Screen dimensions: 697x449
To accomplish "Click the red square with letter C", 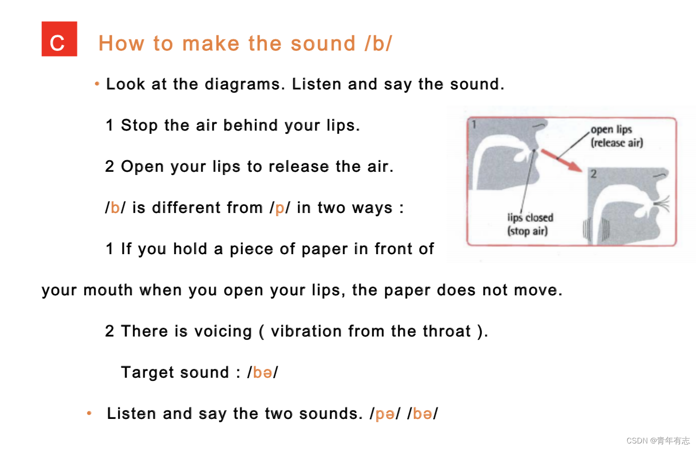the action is (59, 39).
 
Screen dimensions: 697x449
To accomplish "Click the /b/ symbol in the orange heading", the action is (379, 43).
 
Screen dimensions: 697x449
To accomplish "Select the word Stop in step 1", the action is (139, 126).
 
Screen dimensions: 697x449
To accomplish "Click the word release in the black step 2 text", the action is (298, 167).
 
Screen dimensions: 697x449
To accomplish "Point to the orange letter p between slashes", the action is (280, 208).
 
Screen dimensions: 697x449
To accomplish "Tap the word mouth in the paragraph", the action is (108, 291).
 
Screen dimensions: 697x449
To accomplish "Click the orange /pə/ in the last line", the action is (385, 413).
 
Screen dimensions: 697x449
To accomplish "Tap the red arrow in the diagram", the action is (561, 160).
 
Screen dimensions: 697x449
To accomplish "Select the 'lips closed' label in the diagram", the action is (530, 218).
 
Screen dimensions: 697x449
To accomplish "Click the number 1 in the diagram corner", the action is (474, 125).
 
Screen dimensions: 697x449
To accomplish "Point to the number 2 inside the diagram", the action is (594, 174).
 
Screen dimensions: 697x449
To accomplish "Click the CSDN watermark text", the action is (658, 441).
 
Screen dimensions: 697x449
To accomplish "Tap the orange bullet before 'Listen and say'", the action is (89, 413).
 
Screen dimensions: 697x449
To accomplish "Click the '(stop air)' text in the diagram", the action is (527, 231).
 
